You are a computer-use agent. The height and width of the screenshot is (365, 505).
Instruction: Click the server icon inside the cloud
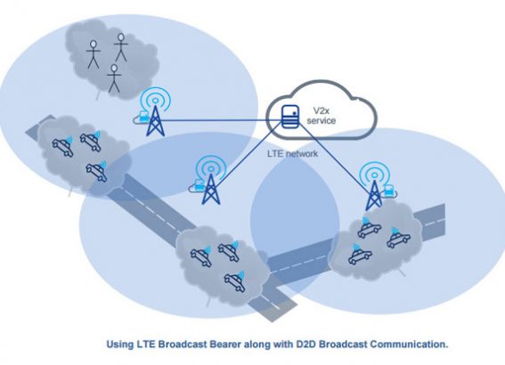pyautogui.click(x=289, y=117)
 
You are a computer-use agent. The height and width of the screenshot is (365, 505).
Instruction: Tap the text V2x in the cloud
pyautogui.click(x=322, y=111)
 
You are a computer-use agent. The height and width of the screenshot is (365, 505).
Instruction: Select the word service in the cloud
pyautogui.click(x=322, y=121)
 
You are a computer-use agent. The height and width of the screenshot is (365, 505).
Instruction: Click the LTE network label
pyautogui.click(x=292, y=153)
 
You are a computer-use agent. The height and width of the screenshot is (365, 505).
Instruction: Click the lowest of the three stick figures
pyautogui.click(x=114, y=78)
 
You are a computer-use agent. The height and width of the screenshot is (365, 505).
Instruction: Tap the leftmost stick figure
pyautogui.click(x=94, y=54)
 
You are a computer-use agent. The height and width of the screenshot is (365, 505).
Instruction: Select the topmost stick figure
pyautogui.click(x=121, y=47)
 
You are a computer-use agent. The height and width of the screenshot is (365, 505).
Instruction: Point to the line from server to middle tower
pyautogui.click(x=248, y=155)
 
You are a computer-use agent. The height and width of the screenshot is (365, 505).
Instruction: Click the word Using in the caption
pyautogui.click(x=120, y=345)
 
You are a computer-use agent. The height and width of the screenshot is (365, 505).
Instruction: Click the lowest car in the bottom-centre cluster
pyautogui.click(x=235, y=282)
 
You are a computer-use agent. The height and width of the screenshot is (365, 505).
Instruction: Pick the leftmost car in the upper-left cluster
pyautogui.click(x=63, y=147)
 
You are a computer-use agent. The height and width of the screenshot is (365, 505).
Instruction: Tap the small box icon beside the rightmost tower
pyautogui.click(x=389, y=191)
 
